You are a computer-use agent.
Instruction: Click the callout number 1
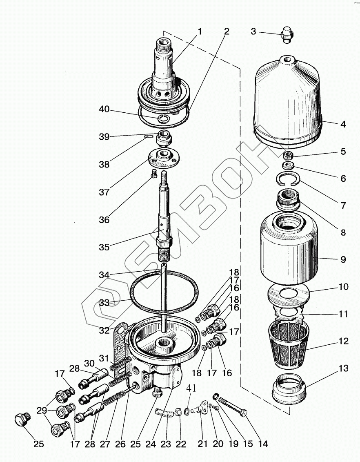pos(200,31)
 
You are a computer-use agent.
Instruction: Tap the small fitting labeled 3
pos(287,34)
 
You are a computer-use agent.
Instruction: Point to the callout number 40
pos(104,109)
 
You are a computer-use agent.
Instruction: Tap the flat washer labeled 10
pos(289,294)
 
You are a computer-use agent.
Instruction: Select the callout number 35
pos(104,247)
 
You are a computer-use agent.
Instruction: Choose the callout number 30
pos(89,363)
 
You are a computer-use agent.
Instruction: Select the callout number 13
pos(343,368)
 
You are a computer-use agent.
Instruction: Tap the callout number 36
pos(104,219)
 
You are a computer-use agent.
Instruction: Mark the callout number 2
pos(227,31)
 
